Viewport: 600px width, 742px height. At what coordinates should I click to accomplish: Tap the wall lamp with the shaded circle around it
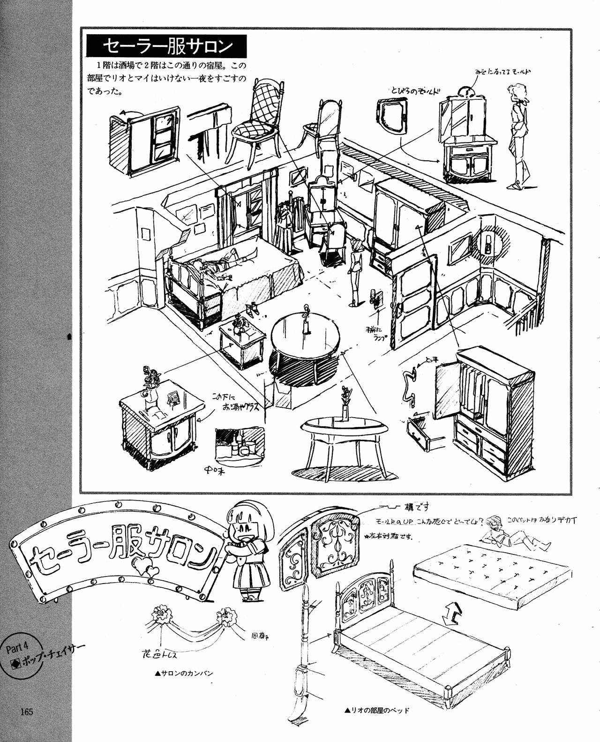pyautogui.click(x=489, y=243)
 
